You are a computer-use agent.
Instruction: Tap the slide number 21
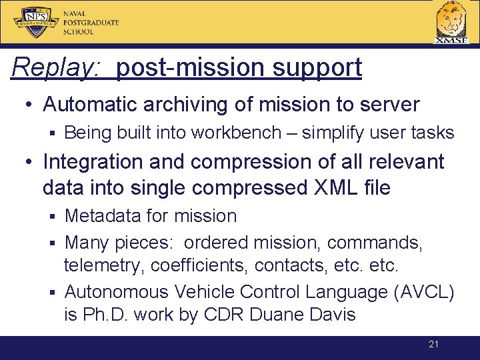click(x=433, y=345)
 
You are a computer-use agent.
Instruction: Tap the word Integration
click(x=92, y=161)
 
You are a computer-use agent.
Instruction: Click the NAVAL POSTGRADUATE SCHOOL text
click(x=91, y=22)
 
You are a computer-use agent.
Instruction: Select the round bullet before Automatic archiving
click(x=31, y=105)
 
